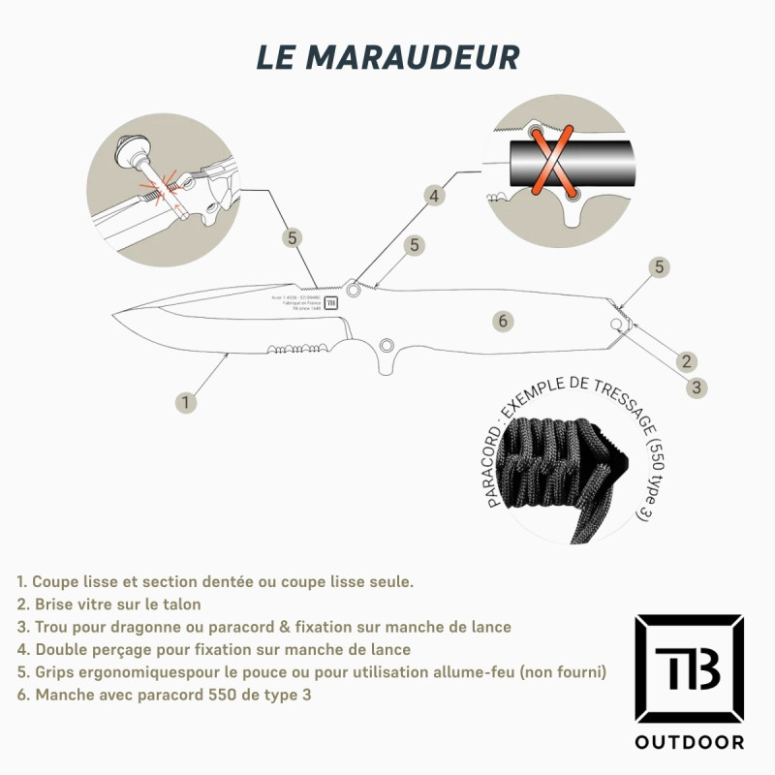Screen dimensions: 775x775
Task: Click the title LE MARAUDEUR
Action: pos(387,56)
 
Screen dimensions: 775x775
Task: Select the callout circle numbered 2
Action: pos(687,361)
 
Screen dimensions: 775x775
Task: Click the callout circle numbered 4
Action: pos(435,195)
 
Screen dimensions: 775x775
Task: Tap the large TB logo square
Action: pos(689,667)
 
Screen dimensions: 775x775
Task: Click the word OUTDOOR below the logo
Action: pos(689,743)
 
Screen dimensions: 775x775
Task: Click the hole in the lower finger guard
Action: pos(387,343)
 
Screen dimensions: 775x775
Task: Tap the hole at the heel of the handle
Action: pos(616,323)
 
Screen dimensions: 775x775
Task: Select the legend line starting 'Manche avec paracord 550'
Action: pos(164,695)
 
